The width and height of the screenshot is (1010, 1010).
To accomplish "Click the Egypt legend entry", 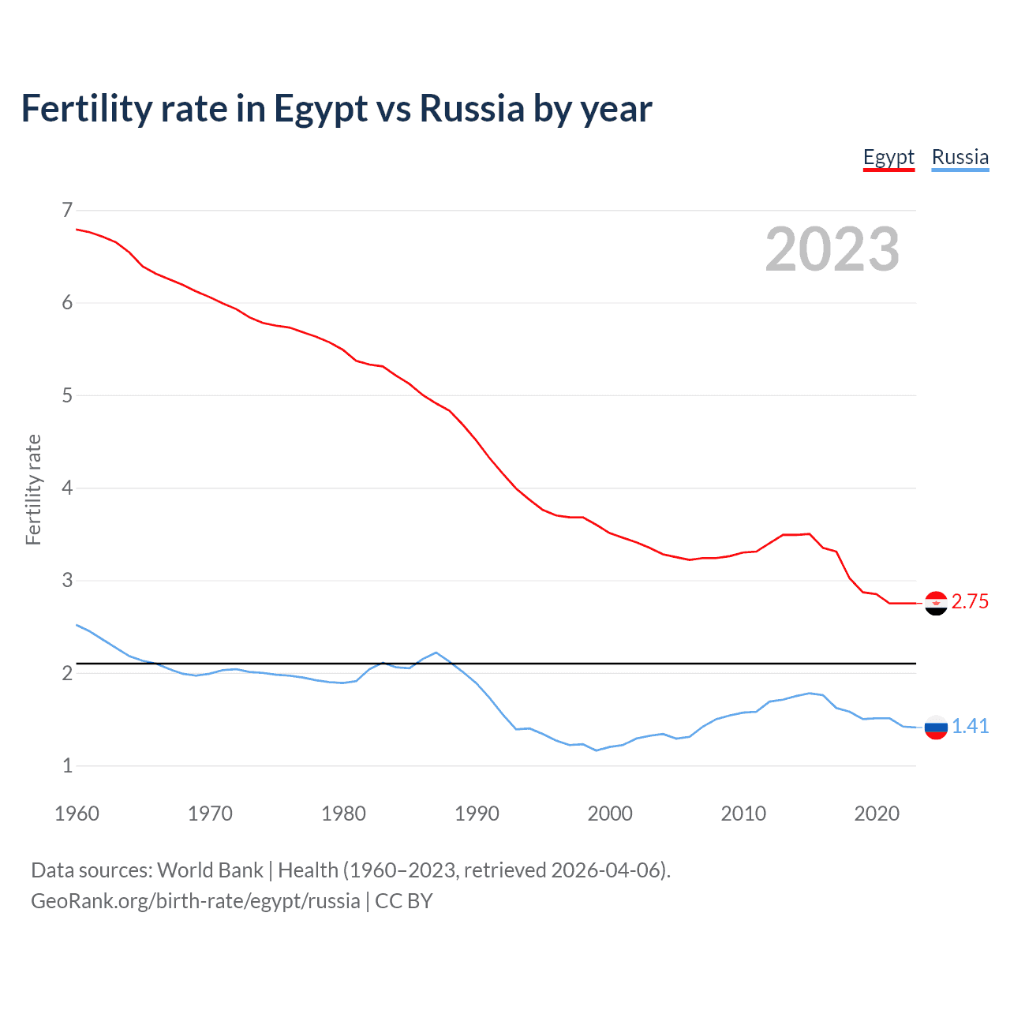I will pyautogui.click(x=888, y=157).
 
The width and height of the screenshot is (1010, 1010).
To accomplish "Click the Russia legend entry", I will pyautogui.click(x=959, y=157).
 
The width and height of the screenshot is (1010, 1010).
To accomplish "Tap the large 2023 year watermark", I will pyautogui.click(x=832, y=249).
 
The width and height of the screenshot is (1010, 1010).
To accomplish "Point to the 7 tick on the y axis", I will pyautogui.click(x=67, y=210).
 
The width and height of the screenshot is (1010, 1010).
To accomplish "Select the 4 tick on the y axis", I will pyautogui.click(x=67, y=488).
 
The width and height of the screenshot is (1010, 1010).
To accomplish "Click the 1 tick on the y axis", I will pyautogui.click(x=67, y=765).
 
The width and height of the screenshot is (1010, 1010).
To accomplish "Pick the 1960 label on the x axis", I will pyautogui.click(x=77, y=814).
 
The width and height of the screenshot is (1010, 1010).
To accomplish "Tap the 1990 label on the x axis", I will pyautogui.click(x=477, y=814).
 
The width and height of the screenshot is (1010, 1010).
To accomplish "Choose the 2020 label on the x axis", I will pyautogui.click(x=877, y=814).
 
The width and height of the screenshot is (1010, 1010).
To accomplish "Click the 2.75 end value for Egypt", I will pyautogui.click(x=970, y=602).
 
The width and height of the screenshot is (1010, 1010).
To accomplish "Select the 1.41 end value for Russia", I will pyautogui.click(x=970, y=727).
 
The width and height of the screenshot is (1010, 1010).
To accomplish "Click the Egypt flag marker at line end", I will pyautogui.click(x=936, y=603).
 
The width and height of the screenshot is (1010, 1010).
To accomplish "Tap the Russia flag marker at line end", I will pyautogui.click(x=936, y=727).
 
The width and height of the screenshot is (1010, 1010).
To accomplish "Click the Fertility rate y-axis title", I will pyautogui.click(x=33, y=489).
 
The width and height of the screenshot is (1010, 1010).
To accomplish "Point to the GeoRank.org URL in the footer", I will pyautogui.click(x=195, y=901).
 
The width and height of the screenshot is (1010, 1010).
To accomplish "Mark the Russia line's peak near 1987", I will pyautogui.click(x=436, y=653).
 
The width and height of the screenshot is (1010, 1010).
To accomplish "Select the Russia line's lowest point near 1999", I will pyautogui.click(x=597, y=750).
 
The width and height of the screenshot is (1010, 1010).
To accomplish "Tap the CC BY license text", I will pyautogui.click(x=404, y=901).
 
